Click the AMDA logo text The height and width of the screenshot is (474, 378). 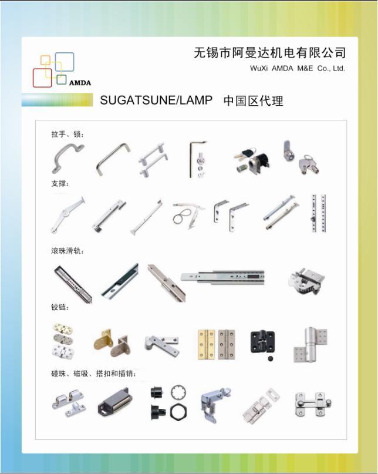pos(80,83)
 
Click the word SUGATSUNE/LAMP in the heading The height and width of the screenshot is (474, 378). pos(156,100)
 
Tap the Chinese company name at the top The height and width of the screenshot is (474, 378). pos(269,53)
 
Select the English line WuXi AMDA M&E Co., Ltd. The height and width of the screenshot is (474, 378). pos(297,69)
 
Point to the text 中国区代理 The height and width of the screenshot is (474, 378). pos(253,101)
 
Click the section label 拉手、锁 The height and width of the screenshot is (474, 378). pos(67,134)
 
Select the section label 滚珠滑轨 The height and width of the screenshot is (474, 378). pos(67,251)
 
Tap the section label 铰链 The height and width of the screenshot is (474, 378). pos(59,307)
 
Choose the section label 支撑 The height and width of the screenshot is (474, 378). pos(60,184)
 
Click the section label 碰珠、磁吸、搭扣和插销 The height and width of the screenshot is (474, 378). pos(93,373)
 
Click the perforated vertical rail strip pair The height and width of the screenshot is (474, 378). pos(319,213)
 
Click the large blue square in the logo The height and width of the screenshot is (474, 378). pos(64,62)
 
